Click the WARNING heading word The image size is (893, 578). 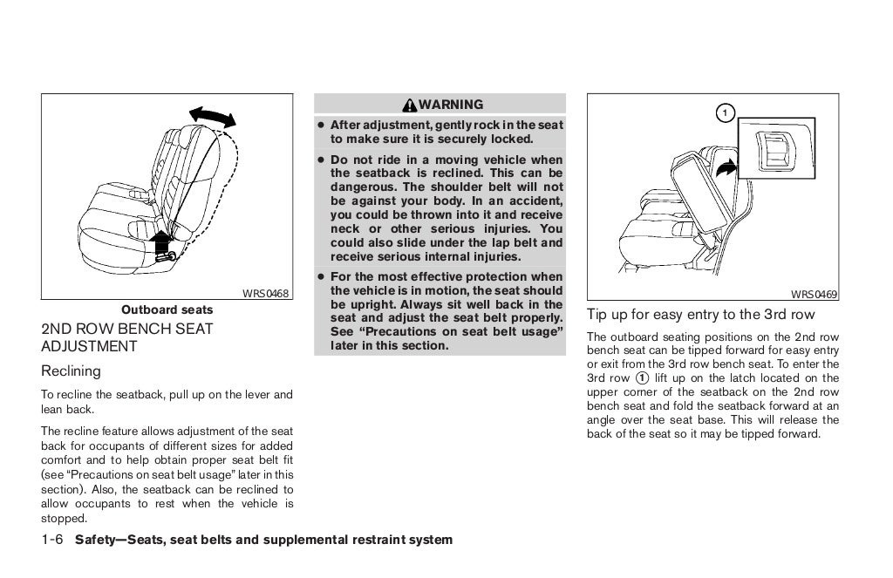(451, 105)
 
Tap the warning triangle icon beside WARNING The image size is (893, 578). (410, 105)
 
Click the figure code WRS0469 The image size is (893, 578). (815, 295)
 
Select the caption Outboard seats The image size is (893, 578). (167, 309)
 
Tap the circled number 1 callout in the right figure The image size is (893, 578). (723, 112)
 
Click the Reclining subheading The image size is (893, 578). (71, 371)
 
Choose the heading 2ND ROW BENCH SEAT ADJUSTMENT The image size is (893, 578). (126, 337)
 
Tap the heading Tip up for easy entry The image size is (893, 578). (701, 315)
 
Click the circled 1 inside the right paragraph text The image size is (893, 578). (642, 377)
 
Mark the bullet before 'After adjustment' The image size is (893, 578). (321, 126)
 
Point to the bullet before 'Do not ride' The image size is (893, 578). (321, 160)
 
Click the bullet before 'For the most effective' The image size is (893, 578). (321, 277)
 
